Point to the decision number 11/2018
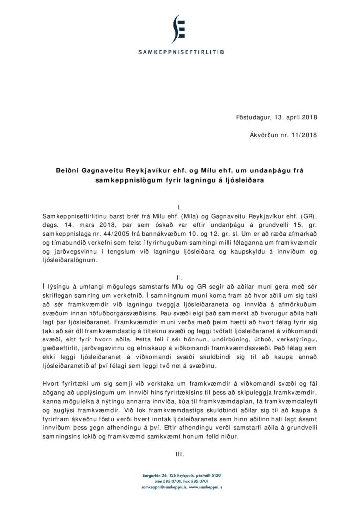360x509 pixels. (x=303, y=135)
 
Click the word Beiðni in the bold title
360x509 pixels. (x=68, y=170)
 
